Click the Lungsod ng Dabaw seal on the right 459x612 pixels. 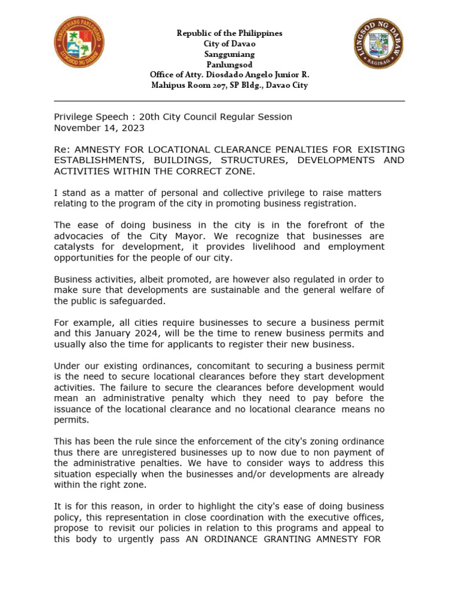(378, 44)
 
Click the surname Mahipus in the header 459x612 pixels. (170, 85)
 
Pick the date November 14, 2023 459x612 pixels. (99, 128)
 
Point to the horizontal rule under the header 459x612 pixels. (229, 102)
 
